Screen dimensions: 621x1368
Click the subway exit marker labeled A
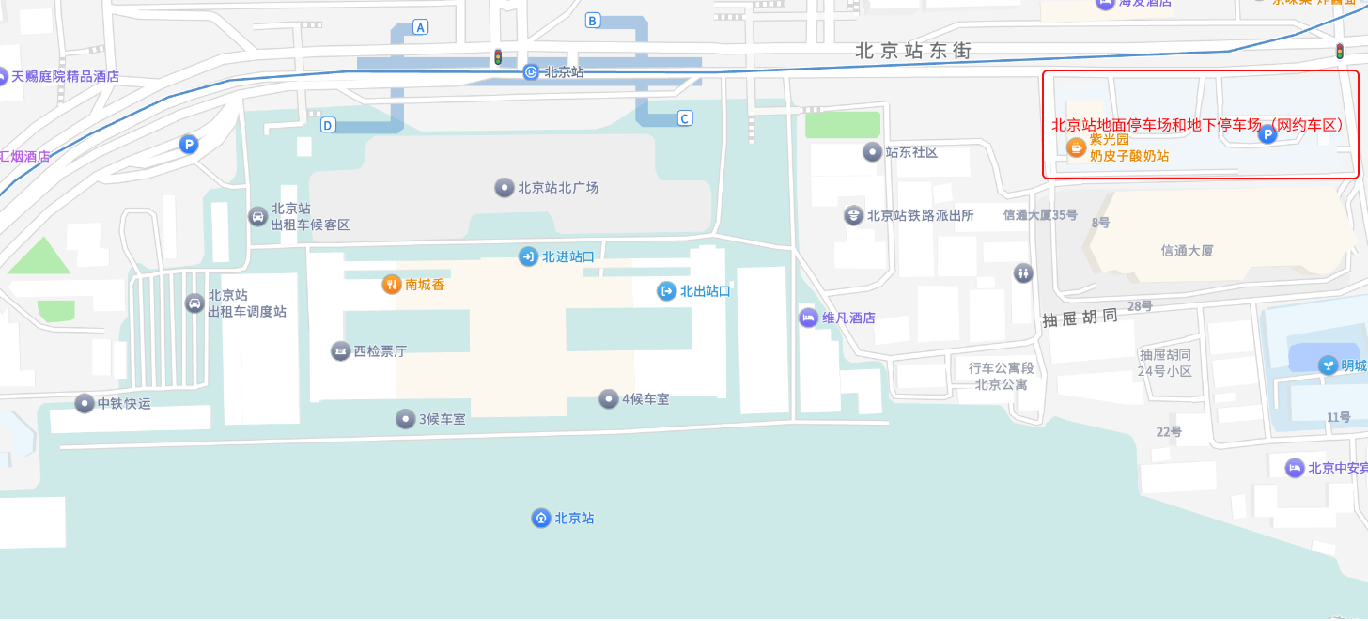[420, 27]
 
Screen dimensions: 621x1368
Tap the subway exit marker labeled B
[592, 21]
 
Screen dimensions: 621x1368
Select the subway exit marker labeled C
[685, 118]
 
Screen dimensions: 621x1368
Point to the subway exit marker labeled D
[328, 125]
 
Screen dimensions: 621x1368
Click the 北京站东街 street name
[912, 52]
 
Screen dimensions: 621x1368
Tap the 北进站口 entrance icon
[528, 256]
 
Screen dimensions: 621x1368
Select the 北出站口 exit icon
[666, 291]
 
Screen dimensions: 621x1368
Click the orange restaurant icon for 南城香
[392, 285]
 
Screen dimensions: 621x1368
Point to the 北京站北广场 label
[558, 188]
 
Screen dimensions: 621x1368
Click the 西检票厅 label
[380, 351]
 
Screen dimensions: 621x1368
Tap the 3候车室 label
[442, 419]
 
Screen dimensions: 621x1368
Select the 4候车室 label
[645, 399]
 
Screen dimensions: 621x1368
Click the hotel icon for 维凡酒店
[808, 318]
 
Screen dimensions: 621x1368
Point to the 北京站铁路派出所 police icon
[853, 215]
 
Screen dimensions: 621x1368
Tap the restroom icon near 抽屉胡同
[1023, 273]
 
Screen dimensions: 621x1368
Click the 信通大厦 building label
[1187, 251]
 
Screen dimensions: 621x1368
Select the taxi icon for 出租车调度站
[194, 303]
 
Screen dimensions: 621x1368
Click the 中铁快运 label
[123, 404]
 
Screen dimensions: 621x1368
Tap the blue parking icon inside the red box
[1267, 136]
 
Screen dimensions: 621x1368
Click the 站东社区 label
[911, 152]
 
